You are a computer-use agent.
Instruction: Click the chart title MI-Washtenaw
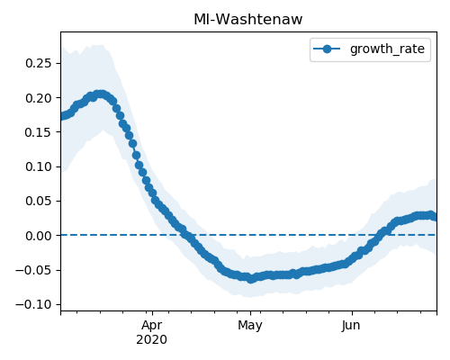coord(248,20)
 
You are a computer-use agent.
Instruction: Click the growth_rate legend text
coord(387,49)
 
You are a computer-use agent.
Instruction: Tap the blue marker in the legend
coord(327,49)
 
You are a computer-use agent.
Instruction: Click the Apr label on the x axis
coord(152,326)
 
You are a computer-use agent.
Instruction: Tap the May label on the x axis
coord(250,326)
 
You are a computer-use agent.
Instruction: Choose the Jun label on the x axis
coord(351,326)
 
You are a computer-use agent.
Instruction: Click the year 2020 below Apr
coord(152,340)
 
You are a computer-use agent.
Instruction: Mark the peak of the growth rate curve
coord(100,94)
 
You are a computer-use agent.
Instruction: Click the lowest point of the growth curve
coord(251,279)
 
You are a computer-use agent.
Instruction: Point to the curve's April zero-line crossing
coord(186,235)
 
